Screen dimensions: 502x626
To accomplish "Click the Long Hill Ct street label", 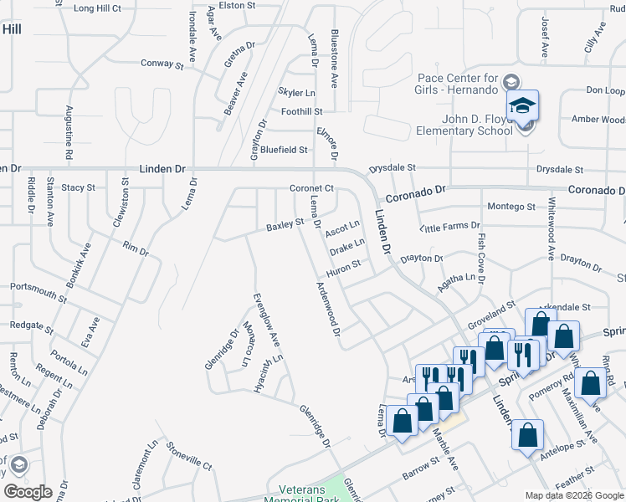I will [x=98, y=8].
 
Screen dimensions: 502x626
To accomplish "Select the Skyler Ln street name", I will [x=297, y=92].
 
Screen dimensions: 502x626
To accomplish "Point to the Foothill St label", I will [x=302, y=111].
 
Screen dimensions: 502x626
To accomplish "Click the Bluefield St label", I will [x=284, y=150].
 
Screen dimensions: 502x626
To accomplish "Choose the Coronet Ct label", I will [x=311, y=188].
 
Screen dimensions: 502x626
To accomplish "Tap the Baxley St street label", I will [x=285, y=225].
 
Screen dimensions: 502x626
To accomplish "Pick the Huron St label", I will [x=343, y=266].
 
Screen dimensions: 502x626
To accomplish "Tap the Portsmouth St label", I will [x=38, y=291].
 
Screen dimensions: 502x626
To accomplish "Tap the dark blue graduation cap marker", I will [x=521, y=106].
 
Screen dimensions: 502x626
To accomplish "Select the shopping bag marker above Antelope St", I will [x=527, y=435].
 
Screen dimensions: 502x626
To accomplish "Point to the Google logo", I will [x=28, y=492].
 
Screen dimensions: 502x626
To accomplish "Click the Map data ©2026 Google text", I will [x=573, y=495].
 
